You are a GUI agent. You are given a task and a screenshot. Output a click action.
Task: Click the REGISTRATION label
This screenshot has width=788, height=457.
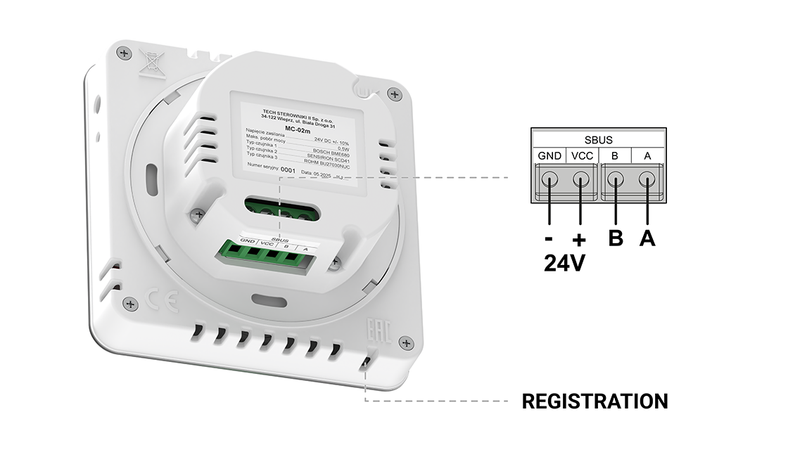click(595, 401)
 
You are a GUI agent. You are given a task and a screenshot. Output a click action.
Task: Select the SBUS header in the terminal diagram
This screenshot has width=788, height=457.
click(598, 140)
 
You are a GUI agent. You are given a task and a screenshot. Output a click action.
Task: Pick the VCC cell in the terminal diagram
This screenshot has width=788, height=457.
click(581, 156)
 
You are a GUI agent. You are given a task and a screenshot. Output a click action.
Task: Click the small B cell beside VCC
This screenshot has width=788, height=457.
click(615, 156)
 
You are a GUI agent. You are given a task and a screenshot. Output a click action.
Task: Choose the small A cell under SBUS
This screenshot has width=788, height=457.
click(647, 156)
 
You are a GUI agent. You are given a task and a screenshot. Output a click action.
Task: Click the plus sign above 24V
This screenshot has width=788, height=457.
click(580, 239)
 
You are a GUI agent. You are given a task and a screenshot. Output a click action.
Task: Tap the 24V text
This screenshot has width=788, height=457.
click(565, 264)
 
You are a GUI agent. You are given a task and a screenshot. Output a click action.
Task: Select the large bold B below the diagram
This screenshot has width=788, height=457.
click(616, 238)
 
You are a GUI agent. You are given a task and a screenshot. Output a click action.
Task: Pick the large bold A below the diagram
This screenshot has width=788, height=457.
click(647, 238)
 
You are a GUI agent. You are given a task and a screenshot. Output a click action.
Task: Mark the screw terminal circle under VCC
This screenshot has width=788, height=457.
click(581, 179)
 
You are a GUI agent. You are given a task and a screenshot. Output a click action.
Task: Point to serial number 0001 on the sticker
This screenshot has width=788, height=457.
click(287, 170)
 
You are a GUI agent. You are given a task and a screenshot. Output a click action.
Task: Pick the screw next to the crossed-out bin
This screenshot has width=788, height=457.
click(125, 53)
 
